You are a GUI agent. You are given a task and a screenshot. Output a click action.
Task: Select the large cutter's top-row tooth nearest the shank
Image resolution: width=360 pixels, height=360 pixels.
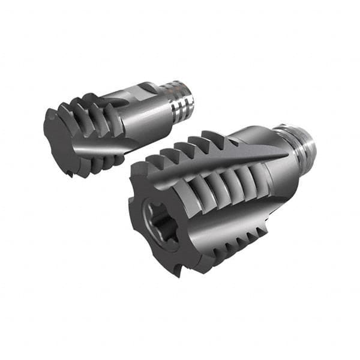[x=215, y=139]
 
